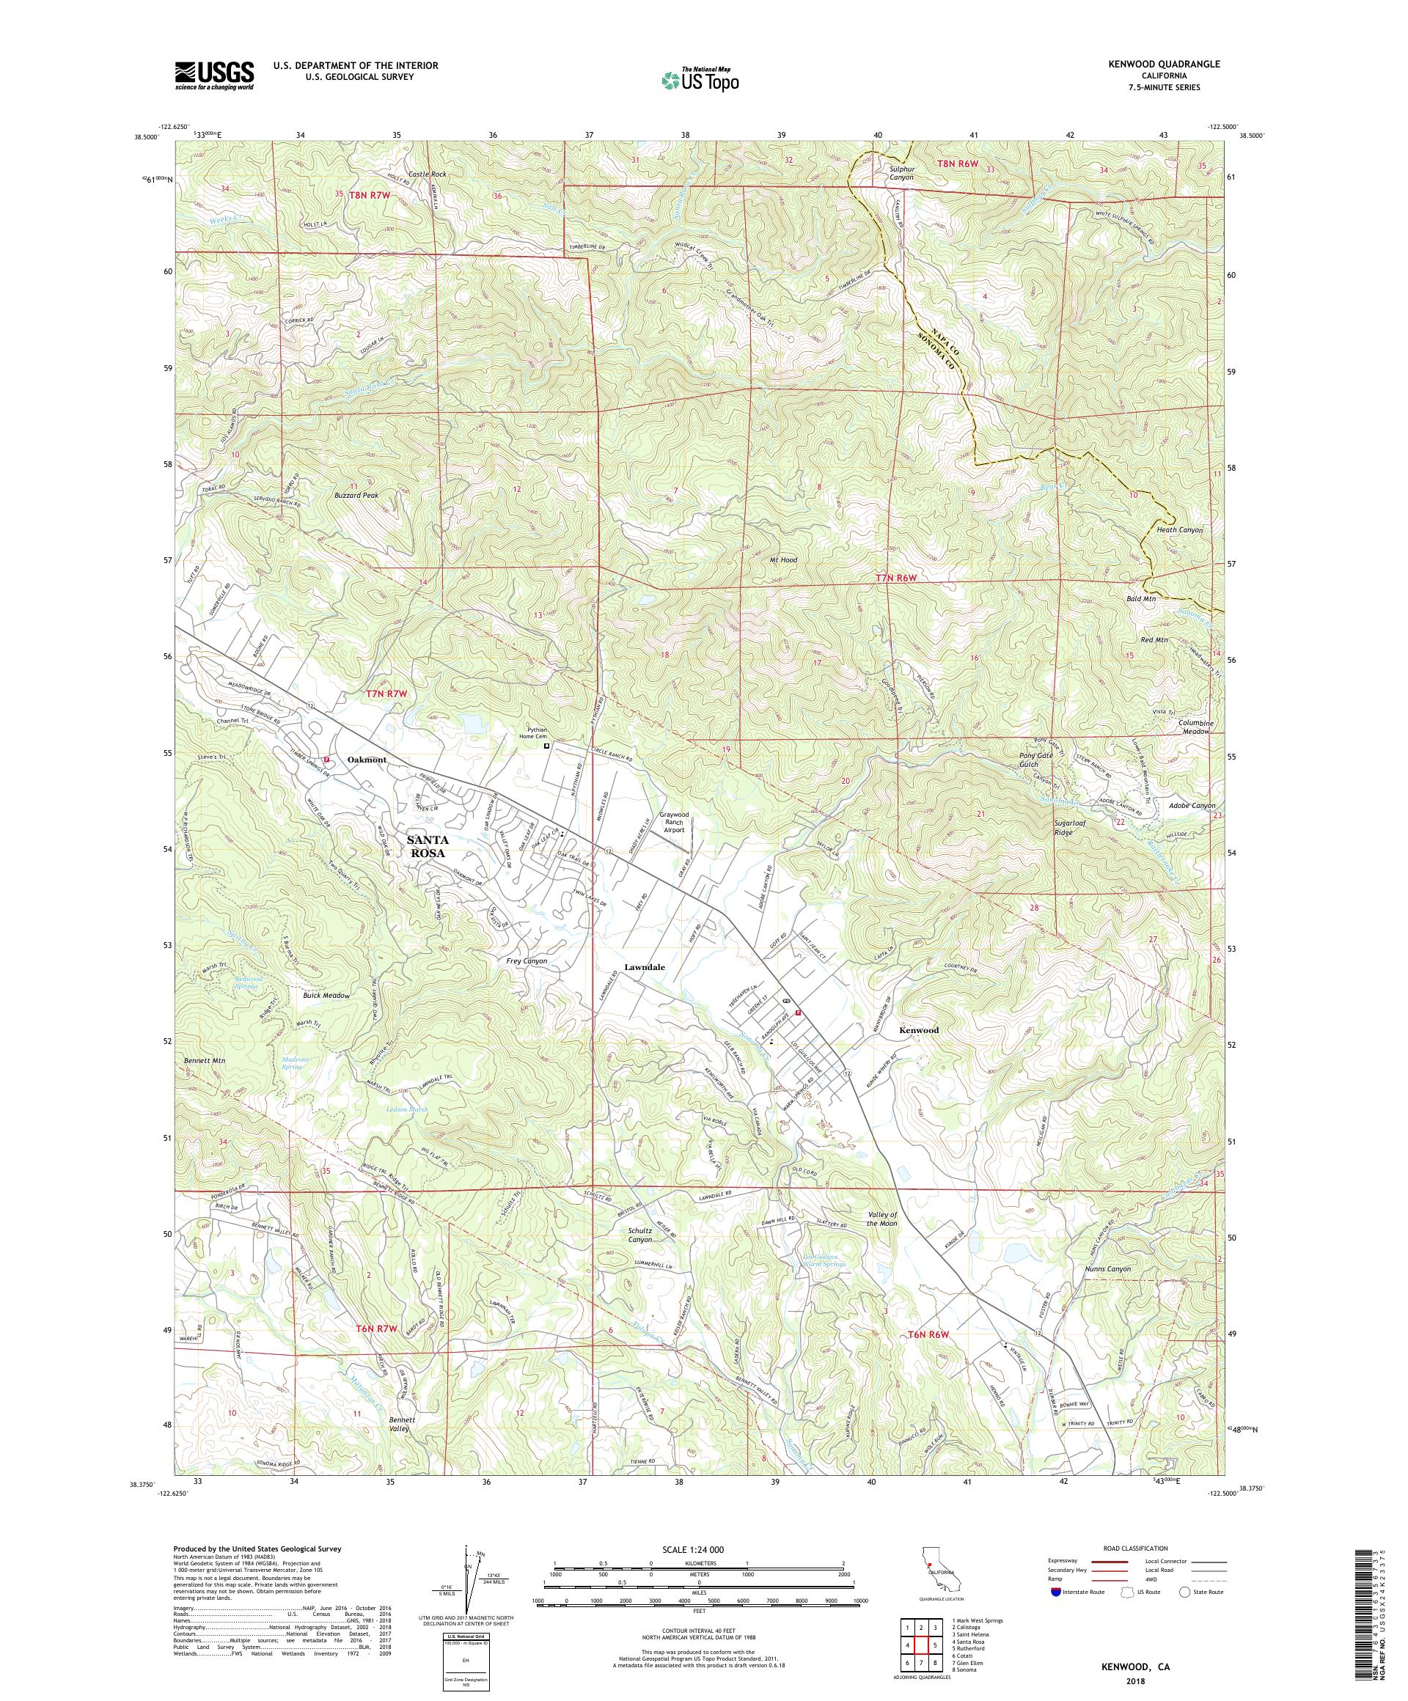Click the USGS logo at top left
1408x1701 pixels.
click(x=215, y=76)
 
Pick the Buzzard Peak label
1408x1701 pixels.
click(x=357, y=495)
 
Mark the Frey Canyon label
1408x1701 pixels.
click(x=526, y=960)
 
